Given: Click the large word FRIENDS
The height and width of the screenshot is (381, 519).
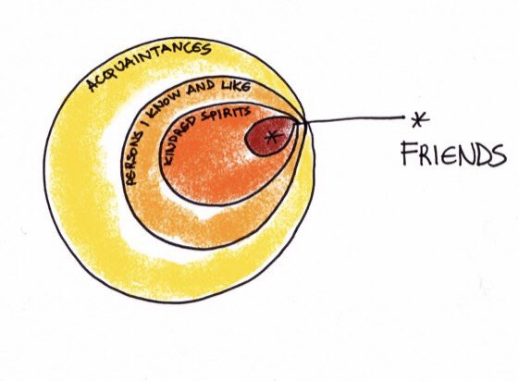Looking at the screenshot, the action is click(453, 154).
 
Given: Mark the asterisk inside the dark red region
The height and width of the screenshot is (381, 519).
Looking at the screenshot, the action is click(272, 137).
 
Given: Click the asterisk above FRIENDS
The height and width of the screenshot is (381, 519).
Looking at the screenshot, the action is click(420, 119).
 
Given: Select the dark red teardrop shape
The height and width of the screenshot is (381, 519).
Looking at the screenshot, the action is click(270, 136).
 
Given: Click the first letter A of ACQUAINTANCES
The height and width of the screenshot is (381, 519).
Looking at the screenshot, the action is click(93, 85).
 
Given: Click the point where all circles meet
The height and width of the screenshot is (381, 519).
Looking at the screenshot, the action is click(302, 122).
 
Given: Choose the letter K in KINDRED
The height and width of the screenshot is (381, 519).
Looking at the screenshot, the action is click(167, 159).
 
